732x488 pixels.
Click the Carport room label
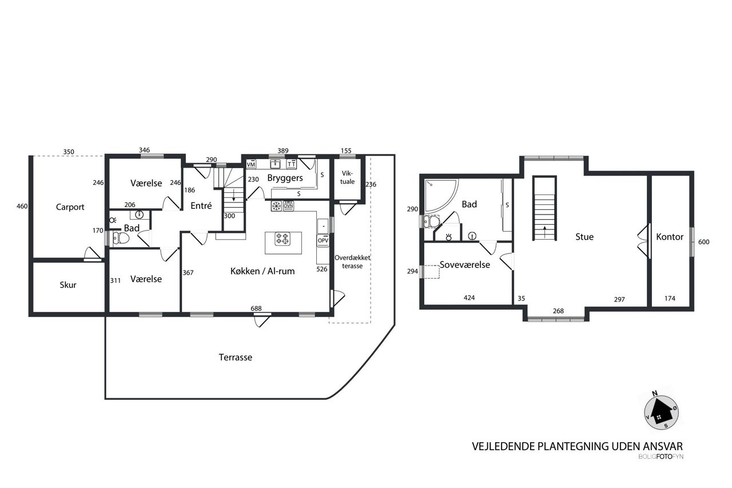tap(70, 207)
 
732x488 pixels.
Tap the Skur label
tap(68, 285)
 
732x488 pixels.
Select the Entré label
tap(201, 205)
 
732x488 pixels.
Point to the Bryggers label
tap(285, 178)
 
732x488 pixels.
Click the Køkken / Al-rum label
tap(262, 271)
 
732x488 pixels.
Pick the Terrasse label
tap(235, 357)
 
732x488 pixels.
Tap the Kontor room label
tap(670, 237)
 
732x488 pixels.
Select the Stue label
tap(584, 237)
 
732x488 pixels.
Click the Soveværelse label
tap(465, 265)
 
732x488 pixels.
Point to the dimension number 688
tap(256, 308)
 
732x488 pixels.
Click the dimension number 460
tap(22, 207)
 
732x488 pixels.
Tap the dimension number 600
tap(704, 242)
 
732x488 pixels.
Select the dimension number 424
tap(470, 297)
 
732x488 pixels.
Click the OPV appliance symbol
tap(323, 241)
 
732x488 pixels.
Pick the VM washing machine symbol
tap(251, 164)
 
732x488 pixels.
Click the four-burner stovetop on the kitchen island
tap(283, 239)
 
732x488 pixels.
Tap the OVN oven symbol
tap(288, 206)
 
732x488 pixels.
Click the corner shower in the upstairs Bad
tap(440, 195)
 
